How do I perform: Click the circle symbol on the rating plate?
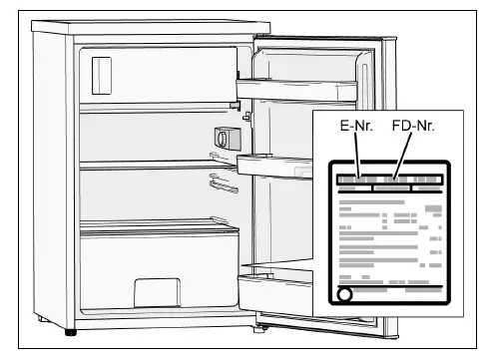coord(344,296)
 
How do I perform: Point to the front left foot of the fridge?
coord(69,329)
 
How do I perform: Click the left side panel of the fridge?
coord(55,180)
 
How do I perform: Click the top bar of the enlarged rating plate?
coord(389,181)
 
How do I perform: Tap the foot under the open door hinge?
coord(261,322)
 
